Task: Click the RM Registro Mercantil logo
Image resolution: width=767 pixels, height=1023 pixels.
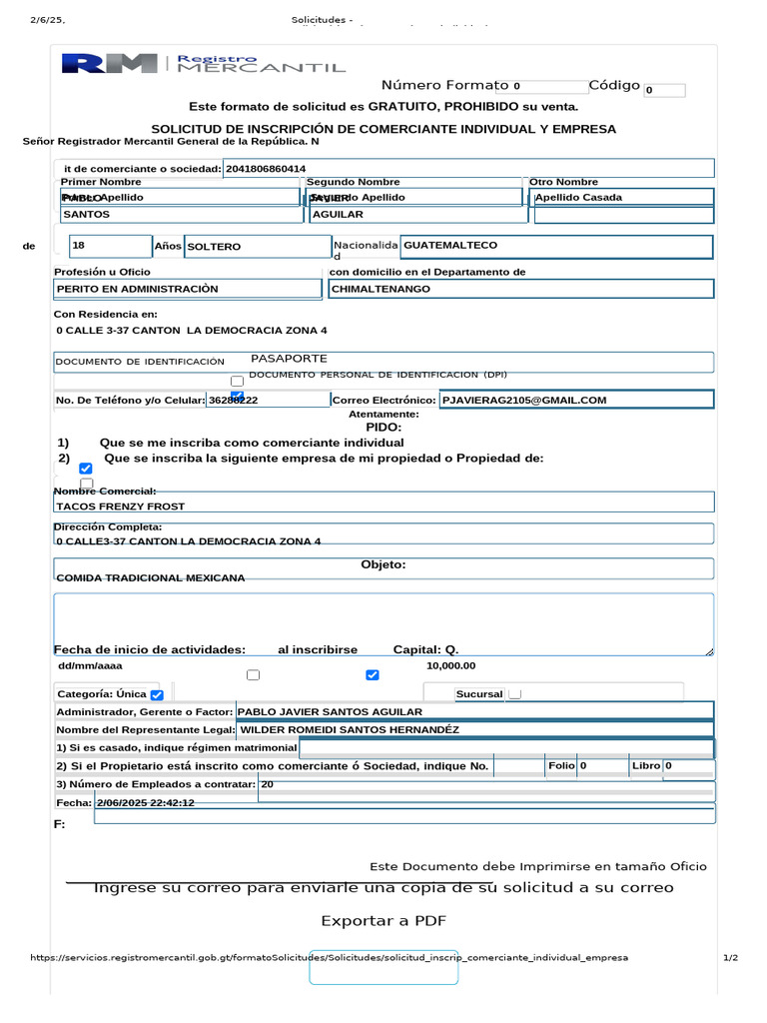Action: (204, 63)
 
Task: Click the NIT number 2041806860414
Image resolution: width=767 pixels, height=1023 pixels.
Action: (267, 169)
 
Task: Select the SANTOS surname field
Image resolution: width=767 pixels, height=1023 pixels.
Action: (180, 214)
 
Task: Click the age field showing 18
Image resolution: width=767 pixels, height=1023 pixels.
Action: (109, 245)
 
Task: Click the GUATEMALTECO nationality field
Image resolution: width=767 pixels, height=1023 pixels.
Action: (555, 246)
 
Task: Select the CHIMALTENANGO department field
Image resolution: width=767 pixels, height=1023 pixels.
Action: (520, 289)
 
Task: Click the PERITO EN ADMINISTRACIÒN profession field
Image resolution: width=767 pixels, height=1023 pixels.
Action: (187, 289)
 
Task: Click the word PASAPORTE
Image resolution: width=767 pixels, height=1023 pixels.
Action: (289, 358)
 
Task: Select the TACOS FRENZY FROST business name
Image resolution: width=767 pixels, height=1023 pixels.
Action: (121, 507)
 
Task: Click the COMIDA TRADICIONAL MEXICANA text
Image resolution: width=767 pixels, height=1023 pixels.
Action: (151, 578)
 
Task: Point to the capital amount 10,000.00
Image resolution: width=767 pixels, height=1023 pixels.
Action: (451, 665)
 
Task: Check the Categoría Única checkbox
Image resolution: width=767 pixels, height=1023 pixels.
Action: (157, 694)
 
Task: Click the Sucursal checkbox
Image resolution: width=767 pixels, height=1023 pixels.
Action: (514, 693)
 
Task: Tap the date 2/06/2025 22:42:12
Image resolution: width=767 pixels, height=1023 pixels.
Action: (146, 803)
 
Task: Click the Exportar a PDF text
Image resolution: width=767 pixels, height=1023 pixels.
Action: (383, 920)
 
